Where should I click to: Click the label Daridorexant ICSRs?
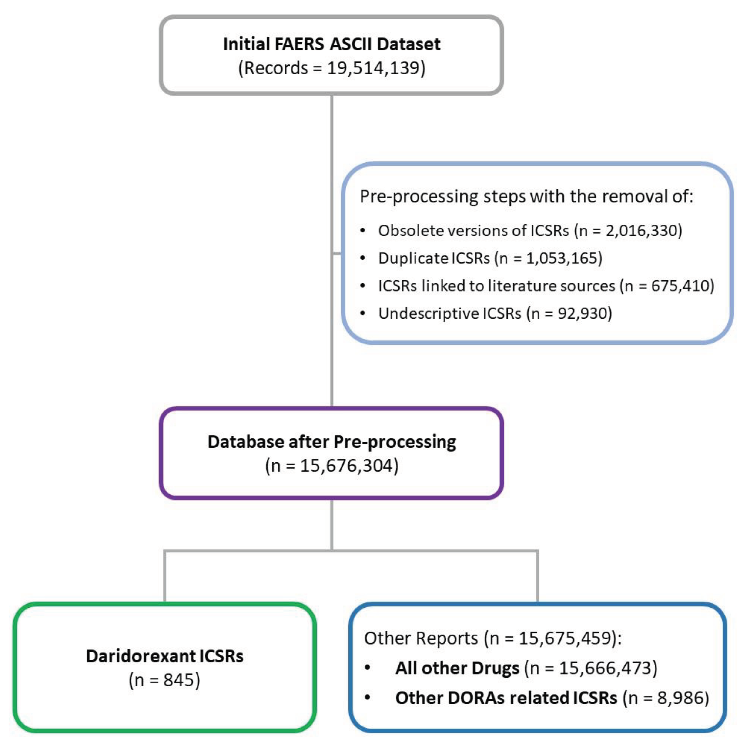click(x=165, y=656)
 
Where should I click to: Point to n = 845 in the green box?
click(x=165, y=680)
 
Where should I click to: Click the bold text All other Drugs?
click(x=457, y=668)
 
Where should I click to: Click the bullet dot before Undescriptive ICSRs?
click(x=363, y=313)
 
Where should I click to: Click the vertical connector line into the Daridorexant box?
click(x=165, y=577)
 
